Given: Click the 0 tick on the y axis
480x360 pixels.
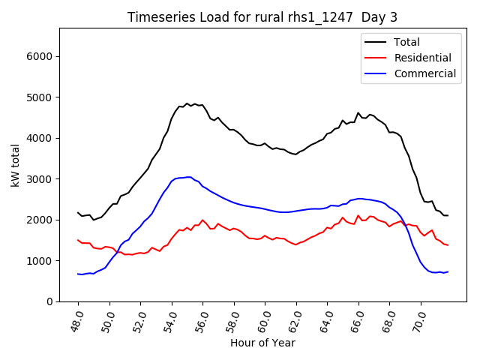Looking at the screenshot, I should coord(50,301).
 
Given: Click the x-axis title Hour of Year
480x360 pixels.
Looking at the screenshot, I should coord(262,343).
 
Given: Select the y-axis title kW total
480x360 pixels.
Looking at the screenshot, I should coord(15,164).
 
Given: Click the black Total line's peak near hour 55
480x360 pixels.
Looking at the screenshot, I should coord(187,103).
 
